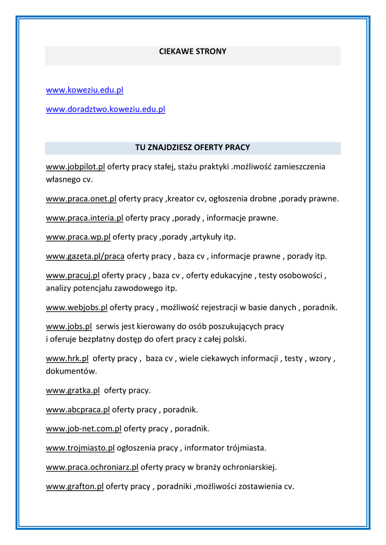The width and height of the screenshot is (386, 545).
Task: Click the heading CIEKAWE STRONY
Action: (x=193, y=52)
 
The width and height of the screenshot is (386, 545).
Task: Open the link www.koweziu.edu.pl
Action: (x=85, y=90)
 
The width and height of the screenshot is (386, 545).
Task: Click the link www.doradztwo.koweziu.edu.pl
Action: (x=105, y=109)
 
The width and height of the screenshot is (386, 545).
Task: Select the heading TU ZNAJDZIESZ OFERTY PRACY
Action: (x=193, y=147)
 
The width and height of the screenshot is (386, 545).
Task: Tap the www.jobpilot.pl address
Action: (x=75, y=167)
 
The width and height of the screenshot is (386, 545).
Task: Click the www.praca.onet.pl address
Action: (x=81, y=199)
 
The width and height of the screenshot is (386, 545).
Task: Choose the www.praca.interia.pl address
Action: (x=84, y=218)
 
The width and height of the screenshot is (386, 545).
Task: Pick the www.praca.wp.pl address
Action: (x=78, y=237)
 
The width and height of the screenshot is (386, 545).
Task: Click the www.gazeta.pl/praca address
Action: (x=85, y=256)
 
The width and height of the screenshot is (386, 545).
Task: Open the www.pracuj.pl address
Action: (x=72, y=275)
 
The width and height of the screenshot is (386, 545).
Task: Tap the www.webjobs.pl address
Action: (x=77, y=307)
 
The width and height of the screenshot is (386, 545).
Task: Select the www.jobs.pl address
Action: (x=69, y=326)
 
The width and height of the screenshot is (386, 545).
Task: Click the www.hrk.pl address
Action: (x=67, y=358)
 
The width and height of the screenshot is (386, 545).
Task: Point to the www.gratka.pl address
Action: (x=72, y=390)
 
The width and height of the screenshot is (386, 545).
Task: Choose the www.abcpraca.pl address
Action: (x=78, y=409)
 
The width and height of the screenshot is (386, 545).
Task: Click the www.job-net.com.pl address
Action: (x=84, y=428)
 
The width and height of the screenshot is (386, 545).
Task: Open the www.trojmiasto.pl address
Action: (x=80, y=448)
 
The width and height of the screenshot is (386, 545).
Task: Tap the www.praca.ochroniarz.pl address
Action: (x=92, y=467)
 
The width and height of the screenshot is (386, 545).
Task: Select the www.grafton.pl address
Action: (x=75, y=486)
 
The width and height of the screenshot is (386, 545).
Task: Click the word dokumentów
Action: (x=71, y=370)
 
